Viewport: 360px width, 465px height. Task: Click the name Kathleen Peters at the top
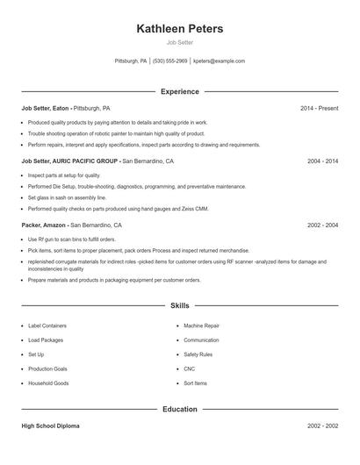click(180, 29)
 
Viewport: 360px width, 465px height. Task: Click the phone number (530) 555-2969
click(170, 61)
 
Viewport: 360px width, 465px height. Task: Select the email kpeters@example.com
click(219, 61)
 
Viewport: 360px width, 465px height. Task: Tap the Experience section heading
click(180, 91)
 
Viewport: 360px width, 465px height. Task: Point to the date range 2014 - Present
click(319, 108)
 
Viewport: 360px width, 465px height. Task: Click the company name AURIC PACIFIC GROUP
click(86, 161)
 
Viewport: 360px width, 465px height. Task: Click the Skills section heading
click(180, 305)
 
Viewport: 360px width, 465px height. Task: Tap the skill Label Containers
click(47, 325)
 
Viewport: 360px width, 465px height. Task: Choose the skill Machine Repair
click(202, 325)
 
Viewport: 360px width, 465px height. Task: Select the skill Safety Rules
click(198, 354)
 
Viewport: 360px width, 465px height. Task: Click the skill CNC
click(190, 369)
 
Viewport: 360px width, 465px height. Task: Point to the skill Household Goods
click(48, 383)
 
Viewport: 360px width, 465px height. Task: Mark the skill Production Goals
click(47, 369)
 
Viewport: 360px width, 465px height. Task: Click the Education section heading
click(180, 409)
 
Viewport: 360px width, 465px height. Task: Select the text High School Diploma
click(50, 426)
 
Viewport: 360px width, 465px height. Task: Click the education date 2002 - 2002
click(322, 426)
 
